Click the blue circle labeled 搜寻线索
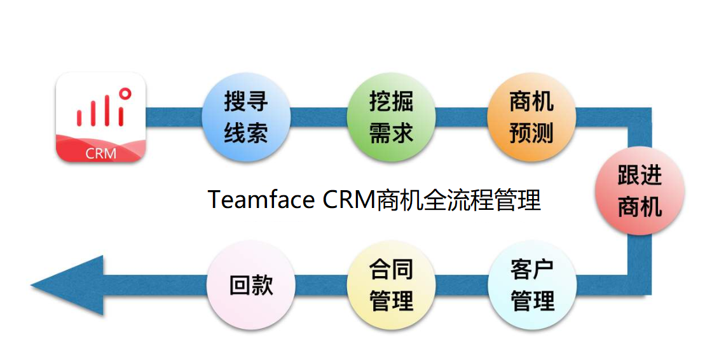[x=246, y=117]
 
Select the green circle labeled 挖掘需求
[x=391, y=117]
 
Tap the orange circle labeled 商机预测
[x=531, y=117]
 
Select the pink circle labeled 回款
[x=251, y=284]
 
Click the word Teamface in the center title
[x=261, y=200]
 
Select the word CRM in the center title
[x=349, y=200]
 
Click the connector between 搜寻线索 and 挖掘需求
[x=318, y=117]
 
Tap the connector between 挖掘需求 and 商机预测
[x=462, y=117]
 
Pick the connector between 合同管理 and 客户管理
[x=462, y=285]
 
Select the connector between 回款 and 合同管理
[x=321, y=285]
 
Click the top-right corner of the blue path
[x=639, y=118]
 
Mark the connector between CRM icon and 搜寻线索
[x=174, y=117]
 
